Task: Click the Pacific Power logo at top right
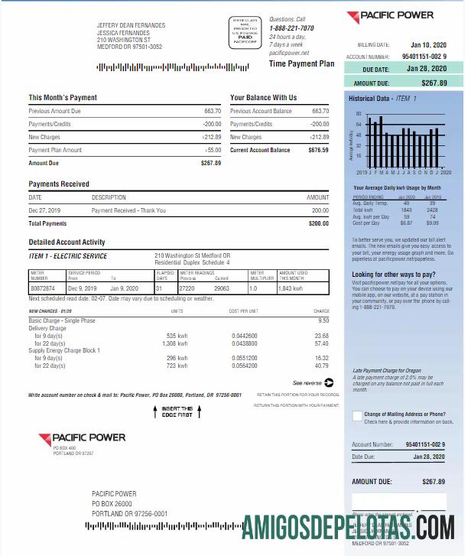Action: point(390,15)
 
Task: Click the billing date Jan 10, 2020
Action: point(427,44)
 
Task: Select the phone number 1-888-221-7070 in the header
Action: point(291,28)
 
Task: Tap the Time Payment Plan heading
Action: point(302,64)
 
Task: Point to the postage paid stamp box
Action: point(244,33)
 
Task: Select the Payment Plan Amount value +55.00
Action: point(211,150)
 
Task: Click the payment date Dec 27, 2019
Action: point(44,210)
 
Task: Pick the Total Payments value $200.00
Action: point(318,223)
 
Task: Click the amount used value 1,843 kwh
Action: point(291,288)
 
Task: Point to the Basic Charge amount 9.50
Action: point(322,320)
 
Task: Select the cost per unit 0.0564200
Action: point(245,366)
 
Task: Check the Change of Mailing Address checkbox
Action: point(357,416)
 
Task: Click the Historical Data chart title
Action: point(383,99)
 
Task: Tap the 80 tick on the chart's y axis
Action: point(359,113)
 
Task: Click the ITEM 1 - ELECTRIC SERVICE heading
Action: point(68,256)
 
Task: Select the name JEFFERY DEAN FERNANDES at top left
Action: point(131,25)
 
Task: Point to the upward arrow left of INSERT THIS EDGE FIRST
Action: point(155,412)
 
